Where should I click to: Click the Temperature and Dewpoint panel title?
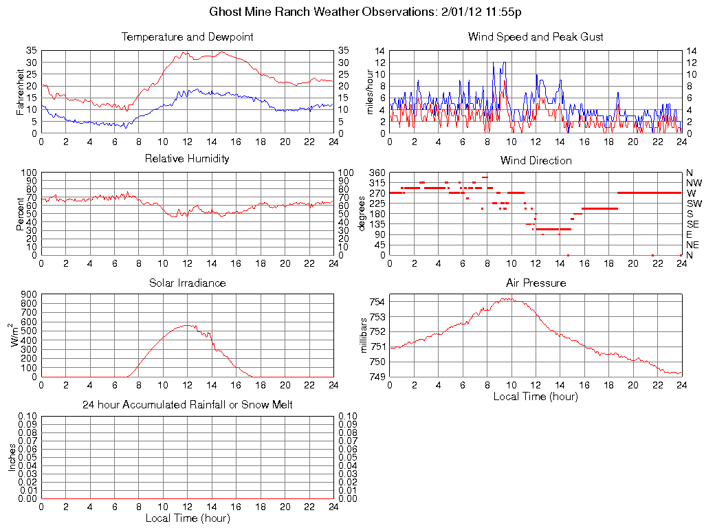(x=187, y=36)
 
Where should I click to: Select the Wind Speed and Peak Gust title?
(x=536, y=36)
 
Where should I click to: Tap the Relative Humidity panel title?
(x=187, y=159)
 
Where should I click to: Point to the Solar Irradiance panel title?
(x=187, y=283)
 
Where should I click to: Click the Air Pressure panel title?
(x=536, y=283)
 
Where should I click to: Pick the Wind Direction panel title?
(x=536, y=160)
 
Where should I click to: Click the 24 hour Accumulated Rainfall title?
(x=187, y=405)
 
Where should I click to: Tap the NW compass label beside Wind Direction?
(x=694, y=183)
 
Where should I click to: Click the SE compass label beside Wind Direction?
(x=693, y=224)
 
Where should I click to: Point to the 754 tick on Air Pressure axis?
(x=377, y=302)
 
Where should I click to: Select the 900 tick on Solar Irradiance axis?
(x=28, y=294)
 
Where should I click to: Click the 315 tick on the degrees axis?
(x=377, y=183)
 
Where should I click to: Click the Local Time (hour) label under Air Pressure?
(x=536, y=396)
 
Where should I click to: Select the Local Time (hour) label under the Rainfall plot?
(x=187, y=518)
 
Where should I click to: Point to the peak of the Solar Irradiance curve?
(x=186, y=325)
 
